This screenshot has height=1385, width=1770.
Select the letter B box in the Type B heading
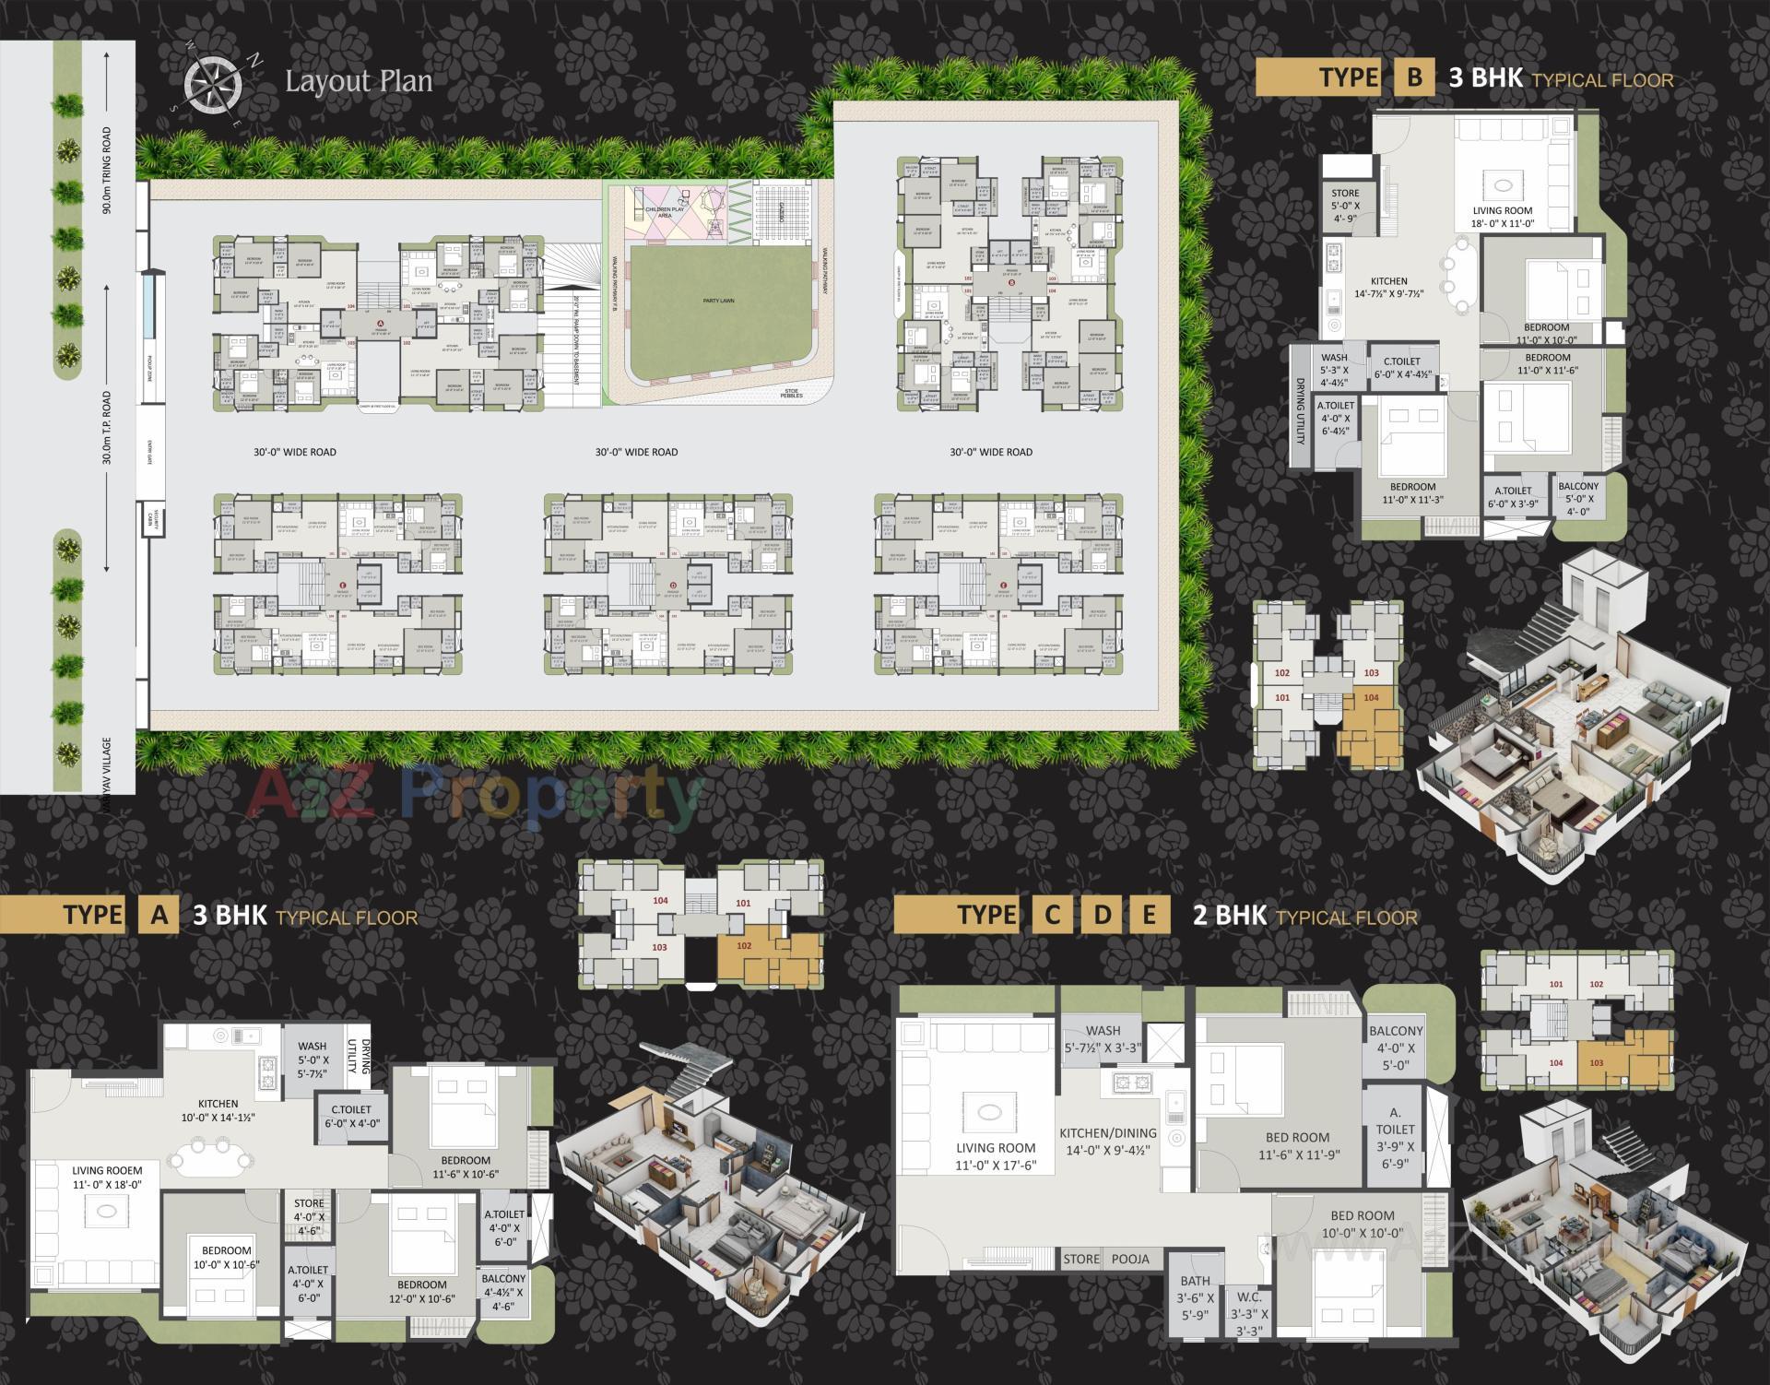coord(1413,77)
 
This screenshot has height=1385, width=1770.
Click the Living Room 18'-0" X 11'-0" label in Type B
coord(1502,217)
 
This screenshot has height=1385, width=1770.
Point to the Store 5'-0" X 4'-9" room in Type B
coord(1345,206)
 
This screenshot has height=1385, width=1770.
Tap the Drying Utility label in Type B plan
coord(1300,411)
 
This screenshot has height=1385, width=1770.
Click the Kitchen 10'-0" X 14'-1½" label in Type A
coord(218,1110)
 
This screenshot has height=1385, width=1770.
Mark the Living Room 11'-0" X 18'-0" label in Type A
coord(108,1178)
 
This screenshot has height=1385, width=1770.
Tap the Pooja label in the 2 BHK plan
coord(1130,1259)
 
